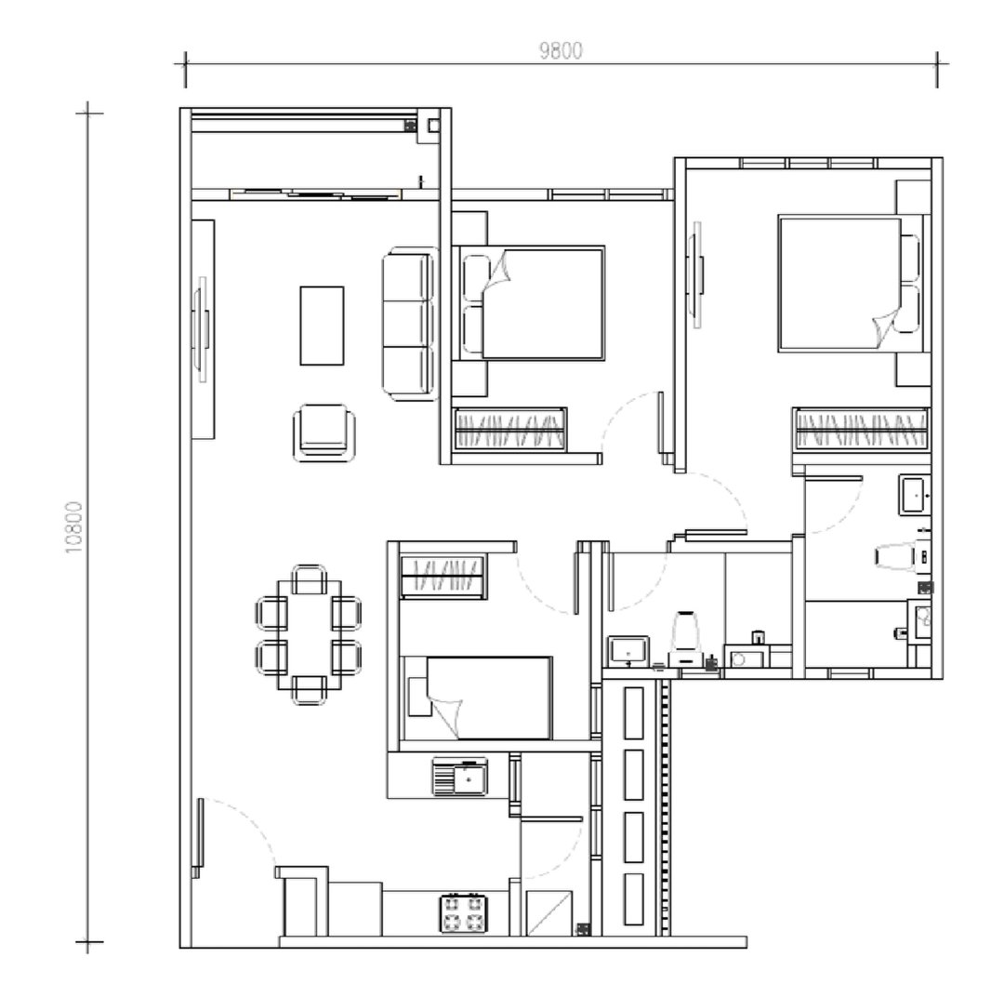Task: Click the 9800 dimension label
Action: (561, 51)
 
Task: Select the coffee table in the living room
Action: (322, 326)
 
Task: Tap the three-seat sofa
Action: (410, 325)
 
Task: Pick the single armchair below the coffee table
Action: (323, 432)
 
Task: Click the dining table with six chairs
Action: (308, 635)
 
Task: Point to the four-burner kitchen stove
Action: (464, 912)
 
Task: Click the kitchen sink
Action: (460, 776)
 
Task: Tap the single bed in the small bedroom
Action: (479, 698)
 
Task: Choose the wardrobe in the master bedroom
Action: (860, 431)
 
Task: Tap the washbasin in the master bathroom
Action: (913, 494)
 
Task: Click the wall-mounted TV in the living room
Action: (199, 330)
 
